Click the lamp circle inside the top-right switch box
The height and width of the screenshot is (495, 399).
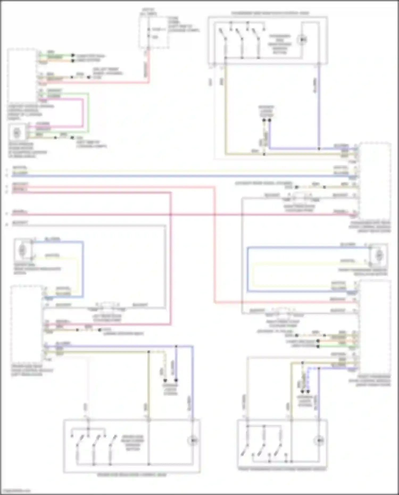point(302,40)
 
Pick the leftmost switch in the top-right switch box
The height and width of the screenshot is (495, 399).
point(222,35)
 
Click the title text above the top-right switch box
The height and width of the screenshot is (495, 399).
point(270,13)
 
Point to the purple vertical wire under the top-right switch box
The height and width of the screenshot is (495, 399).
point(319,106)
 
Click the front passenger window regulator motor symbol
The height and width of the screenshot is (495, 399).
point(379,255)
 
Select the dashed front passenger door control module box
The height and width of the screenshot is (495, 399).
point(375,327)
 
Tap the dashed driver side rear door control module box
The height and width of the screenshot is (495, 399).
point(27,325)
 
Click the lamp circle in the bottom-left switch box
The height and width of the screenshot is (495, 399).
point(193,441)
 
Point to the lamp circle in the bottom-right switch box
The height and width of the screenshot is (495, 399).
point(319,441)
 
